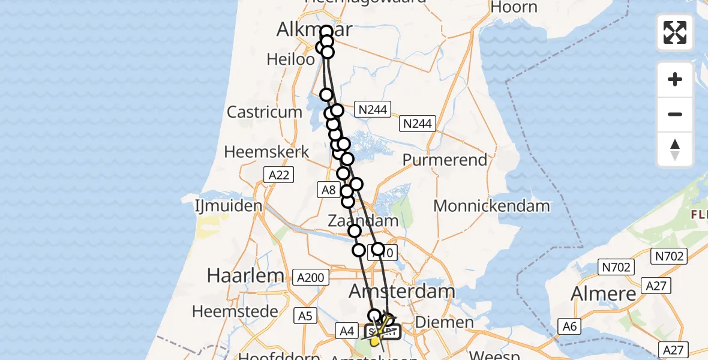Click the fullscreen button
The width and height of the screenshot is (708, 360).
click(675, 32)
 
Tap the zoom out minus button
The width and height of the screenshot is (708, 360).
click(675, 114)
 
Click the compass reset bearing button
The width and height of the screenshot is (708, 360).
click(675, 150)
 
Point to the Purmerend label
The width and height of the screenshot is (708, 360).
click(445, 160)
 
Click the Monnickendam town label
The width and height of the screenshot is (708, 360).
click(491, 206)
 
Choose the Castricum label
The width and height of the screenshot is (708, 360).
click(265, 112)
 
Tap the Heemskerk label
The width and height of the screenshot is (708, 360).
click(266, 152)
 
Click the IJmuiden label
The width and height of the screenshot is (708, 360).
click(229, 206)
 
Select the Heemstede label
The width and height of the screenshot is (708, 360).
click(235, 311)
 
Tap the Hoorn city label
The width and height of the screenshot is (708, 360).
click(514, 7)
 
